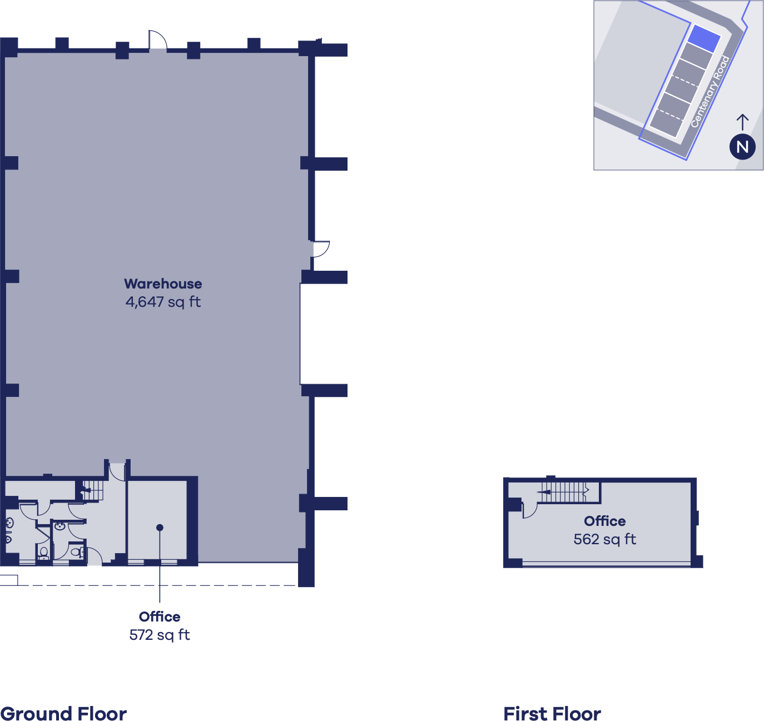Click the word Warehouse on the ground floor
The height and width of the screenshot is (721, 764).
163,284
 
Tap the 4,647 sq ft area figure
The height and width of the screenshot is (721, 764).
163,302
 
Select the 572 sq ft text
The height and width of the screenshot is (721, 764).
159,635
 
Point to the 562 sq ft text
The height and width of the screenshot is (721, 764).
604,539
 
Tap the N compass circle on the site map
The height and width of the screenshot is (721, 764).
742,147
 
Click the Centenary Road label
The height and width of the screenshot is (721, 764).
710,91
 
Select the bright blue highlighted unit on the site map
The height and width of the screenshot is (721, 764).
704,38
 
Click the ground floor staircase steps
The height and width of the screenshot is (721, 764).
93,490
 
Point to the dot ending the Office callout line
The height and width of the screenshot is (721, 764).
160,528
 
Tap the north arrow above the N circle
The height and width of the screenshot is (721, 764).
742,122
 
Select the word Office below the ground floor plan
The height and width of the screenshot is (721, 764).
159,616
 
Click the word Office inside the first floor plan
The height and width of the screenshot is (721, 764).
604,521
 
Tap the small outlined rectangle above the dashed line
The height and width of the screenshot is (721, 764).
8,580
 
